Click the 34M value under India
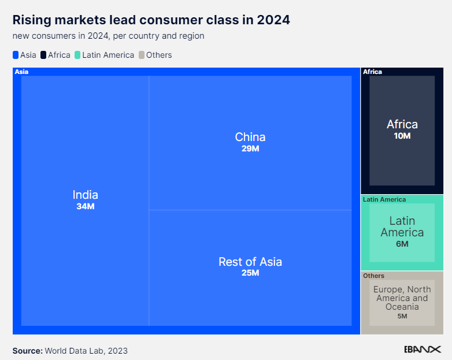(85, 206)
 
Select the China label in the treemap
(250, 137)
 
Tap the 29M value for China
(250, 149)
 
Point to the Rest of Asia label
(250, 262)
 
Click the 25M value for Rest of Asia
(250, 273)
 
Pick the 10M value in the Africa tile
(402, 136)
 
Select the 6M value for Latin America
(402, 244)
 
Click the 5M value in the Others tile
(402, 316)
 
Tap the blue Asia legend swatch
(16, 55)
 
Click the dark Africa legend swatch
(44, 55)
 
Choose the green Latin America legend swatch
(77, 55)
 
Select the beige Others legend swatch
(141, 55)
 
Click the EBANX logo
(422, 350)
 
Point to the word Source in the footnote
(27, 351)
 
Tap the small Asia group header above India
(21, 72)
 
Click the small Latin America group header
(384, 199)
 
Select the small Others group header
(373, 276)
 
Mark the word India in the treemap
(85, 195)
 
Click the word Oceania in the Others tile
(402, 307)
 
